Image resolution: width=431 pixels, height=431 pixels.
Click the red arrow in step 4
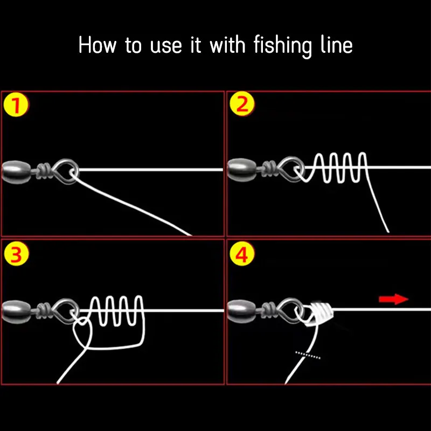(393, 299)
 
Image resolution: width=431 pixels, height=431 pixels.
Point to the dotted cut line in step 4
(308, 355)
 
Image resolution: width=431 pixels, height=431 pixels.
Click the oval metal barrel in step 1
(17, 172)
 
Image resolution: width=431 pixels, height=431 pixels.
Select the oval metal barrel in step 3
(17, 311)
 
